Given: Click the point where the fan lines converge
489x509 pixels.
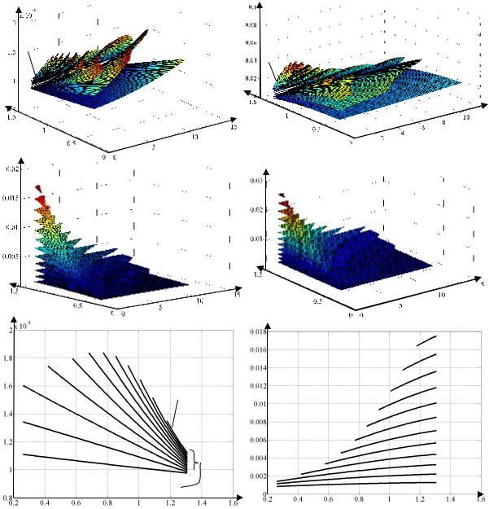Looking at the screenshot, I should [x=186, y=471].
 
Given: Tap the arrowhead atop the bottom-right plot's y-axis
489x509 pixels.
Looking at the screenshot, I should [x=267, y=324].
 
